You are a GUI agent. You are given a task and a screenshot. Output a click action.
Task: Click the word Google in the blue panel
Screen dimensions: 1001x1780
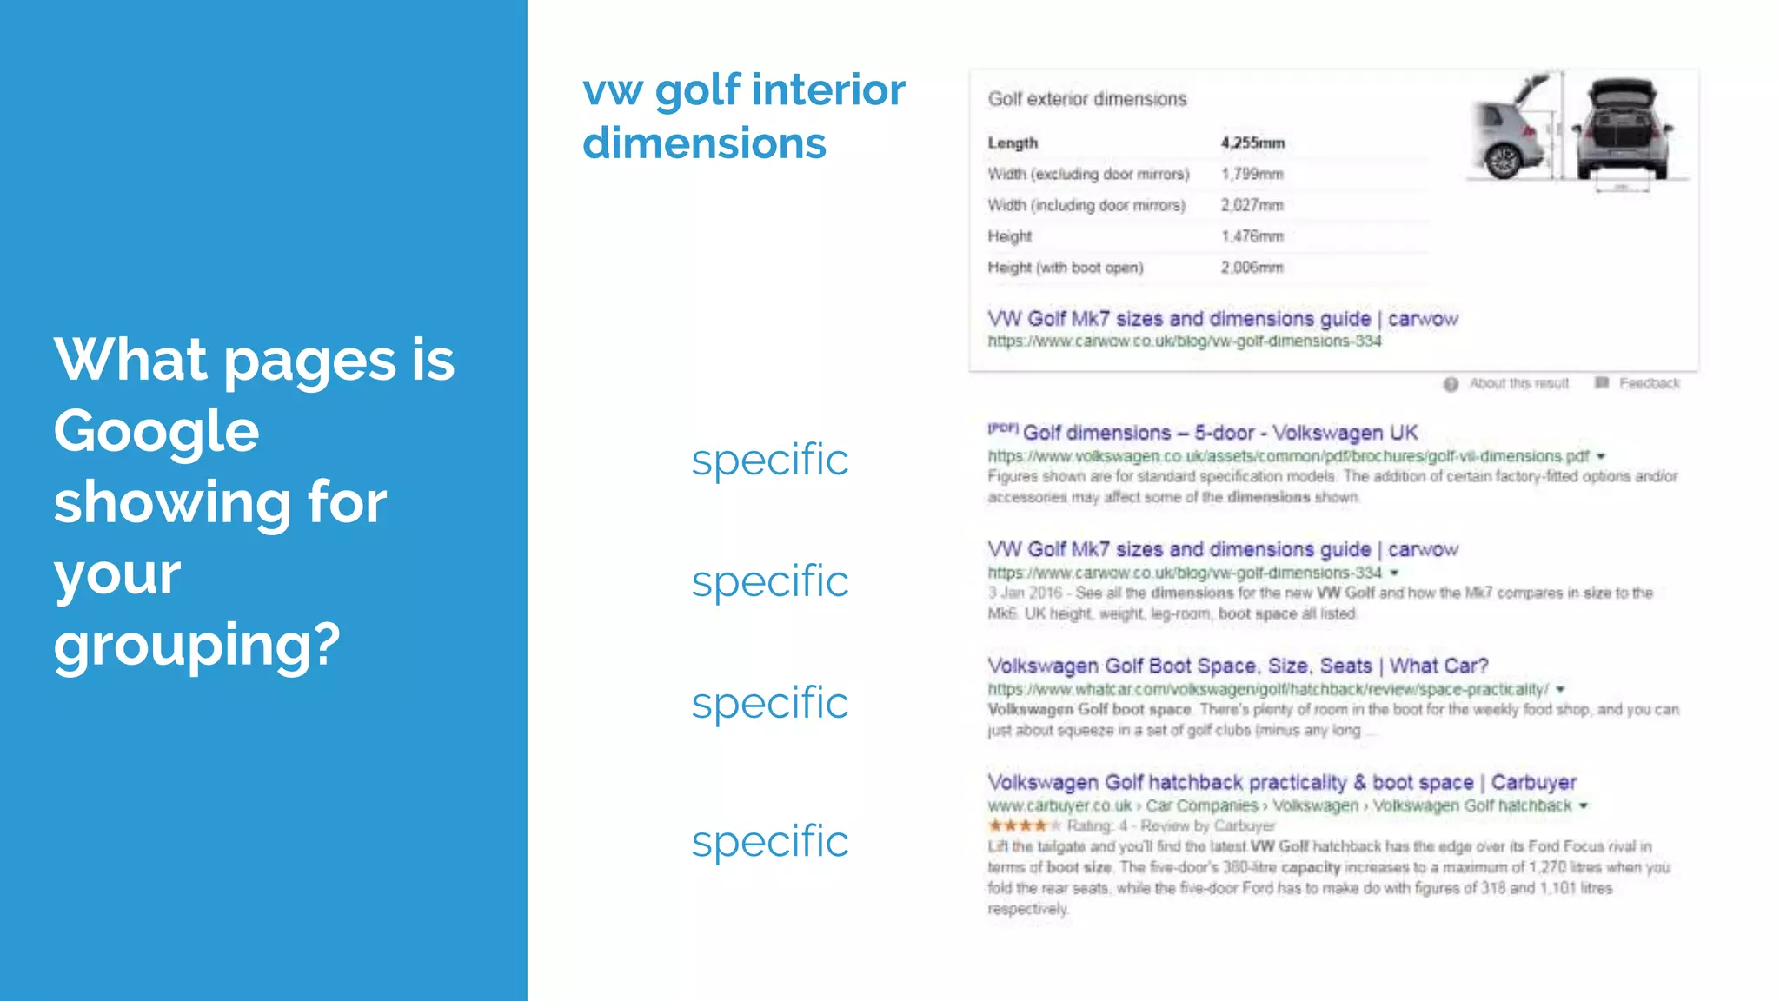156,432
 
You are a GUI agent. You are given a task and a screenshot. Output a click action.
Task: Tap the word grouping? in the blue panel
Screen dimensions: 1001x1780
197,646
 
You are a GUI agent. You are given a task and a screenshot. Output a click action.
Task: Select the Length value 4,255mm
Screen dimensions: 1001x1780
1252,143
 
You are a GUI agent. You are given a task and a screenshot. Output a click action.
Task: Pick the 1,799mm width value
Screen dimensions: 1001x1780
1252,174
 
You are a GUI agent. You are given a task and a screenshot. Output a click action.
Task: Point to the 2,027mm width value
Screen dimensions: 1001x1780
1252,205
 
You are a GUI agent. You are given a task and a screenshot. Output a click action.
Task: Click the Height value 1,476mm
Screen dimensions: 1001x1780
1252,236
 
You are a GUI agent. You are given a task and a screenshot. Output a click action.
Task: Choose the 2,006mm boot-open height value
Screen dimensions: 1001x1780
1252,268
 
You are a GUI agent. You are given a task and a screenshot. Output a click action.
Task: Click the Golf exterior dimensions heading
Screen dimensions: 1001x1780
1086,99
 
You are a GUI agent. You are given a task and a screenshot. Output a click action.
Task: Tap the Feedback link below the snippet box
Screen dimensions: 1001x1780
1648,383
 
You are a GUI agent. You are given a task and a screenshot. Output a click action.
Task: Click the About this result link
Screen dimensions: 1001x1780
1518,383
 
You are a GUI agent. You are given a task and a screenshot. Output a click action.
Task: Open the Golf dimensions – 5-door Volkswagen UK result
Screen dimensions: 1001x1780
1219,433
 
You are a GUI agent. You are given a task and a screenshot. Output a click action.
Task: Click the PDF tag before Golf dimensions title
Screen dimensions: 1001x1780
1002,428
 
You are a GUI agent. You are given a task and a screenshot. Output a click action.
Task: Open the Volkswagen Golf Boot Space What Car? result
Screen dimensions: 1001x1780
1238,666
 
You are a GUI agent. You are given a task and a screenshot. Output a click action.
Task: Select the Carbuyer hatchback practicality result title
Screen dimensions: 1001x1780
1281,782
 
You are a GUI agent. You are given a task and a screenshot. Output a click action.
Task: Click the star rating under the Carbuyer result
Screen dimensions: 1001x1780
1024,825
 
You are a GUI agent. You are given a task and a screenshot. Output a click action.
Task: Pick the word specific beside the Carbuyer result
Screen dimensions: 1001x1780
769,841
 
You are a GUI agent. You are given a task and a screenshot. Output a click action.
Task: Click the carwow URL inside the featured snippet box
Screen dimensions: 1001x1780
1184,341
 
